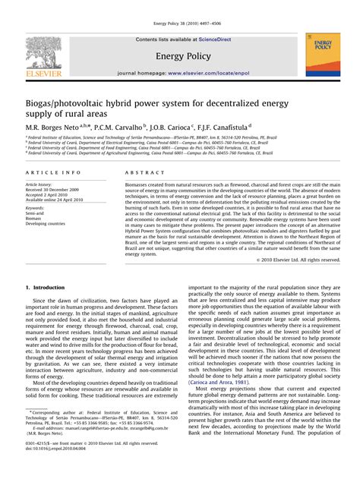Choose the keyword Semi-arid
pyautogui.click(x=36, y=212)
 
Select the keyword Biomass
pyautogui.click(x=34, y=218)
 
